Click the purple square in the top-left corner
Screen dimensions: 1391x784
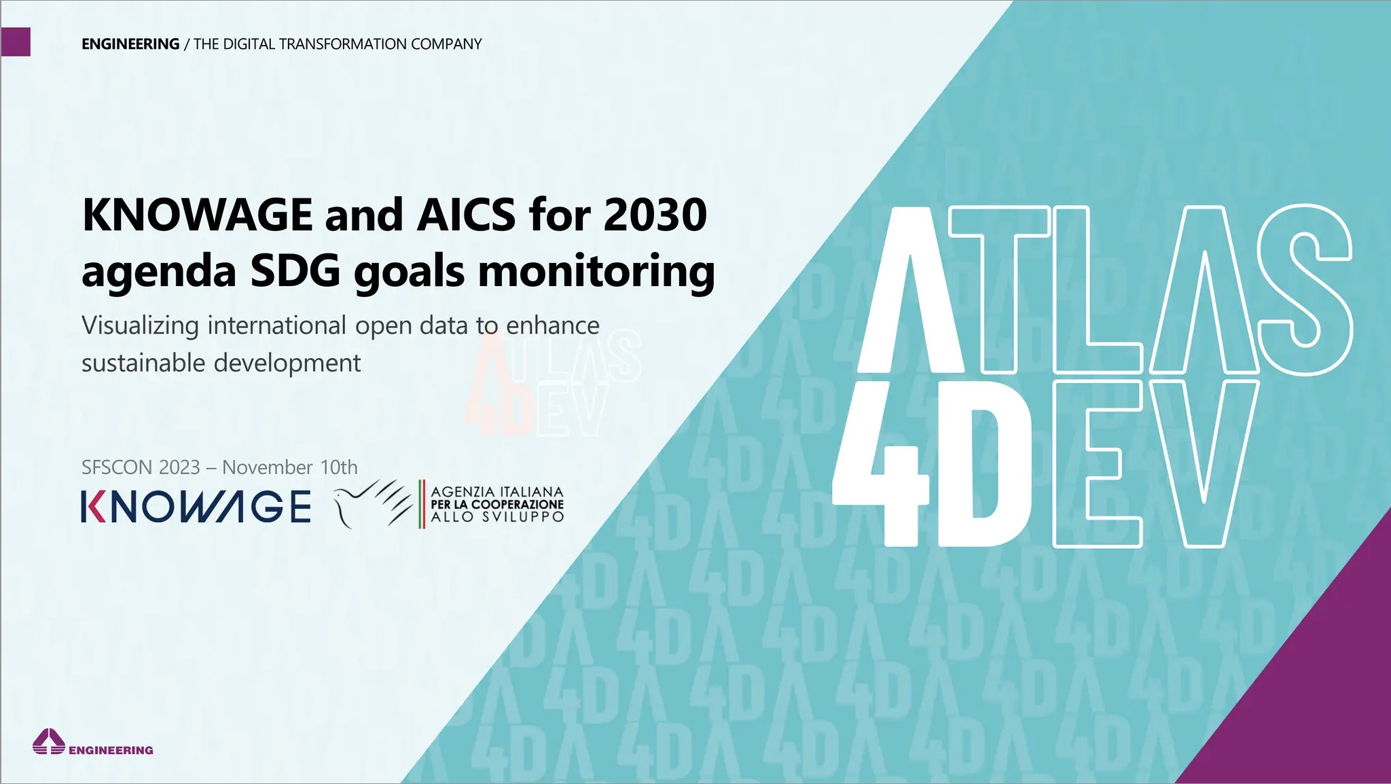[x=16, y=41]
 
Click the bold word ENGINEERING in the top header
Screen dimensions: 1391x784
[x=130, y=44]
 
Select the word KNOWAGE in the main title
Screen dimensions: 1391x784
[x=197, y=215]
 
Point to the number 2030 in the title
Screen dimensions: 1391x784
[x=655, y=215]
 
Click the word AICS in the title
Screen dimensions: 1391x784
[x=467, y=215]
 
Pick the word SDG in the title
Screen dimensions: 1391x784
[x=295, y=271]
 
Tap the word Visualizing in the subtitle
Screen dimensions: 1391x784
[x=141, y=326]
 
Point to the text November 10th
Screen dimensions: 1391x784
[x=290, y=467]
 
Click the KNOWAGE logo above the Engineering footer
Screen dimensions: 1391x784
[x=196, y=507]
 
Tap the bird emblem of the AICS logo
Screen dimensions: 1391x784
[x=373, y=503]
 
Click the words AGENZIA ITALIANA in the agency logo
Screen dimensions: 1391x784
[x=497, y=491]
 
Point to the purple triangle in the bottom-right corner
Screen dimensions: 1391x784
[x=1311, y=686]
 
